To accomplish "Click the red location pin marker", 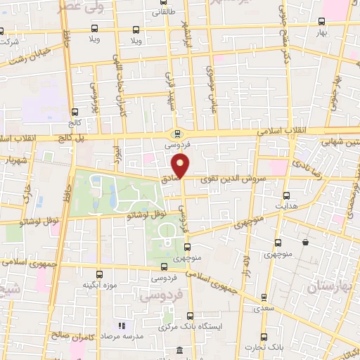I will pos(182,167).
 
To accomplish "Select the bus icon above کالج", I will pos(76,110).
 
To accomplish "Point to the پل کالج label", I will pos(70,136).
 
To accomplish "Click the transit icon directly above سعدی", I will pos(264,297).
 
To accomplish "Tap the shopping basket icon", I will pos(305,243).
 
